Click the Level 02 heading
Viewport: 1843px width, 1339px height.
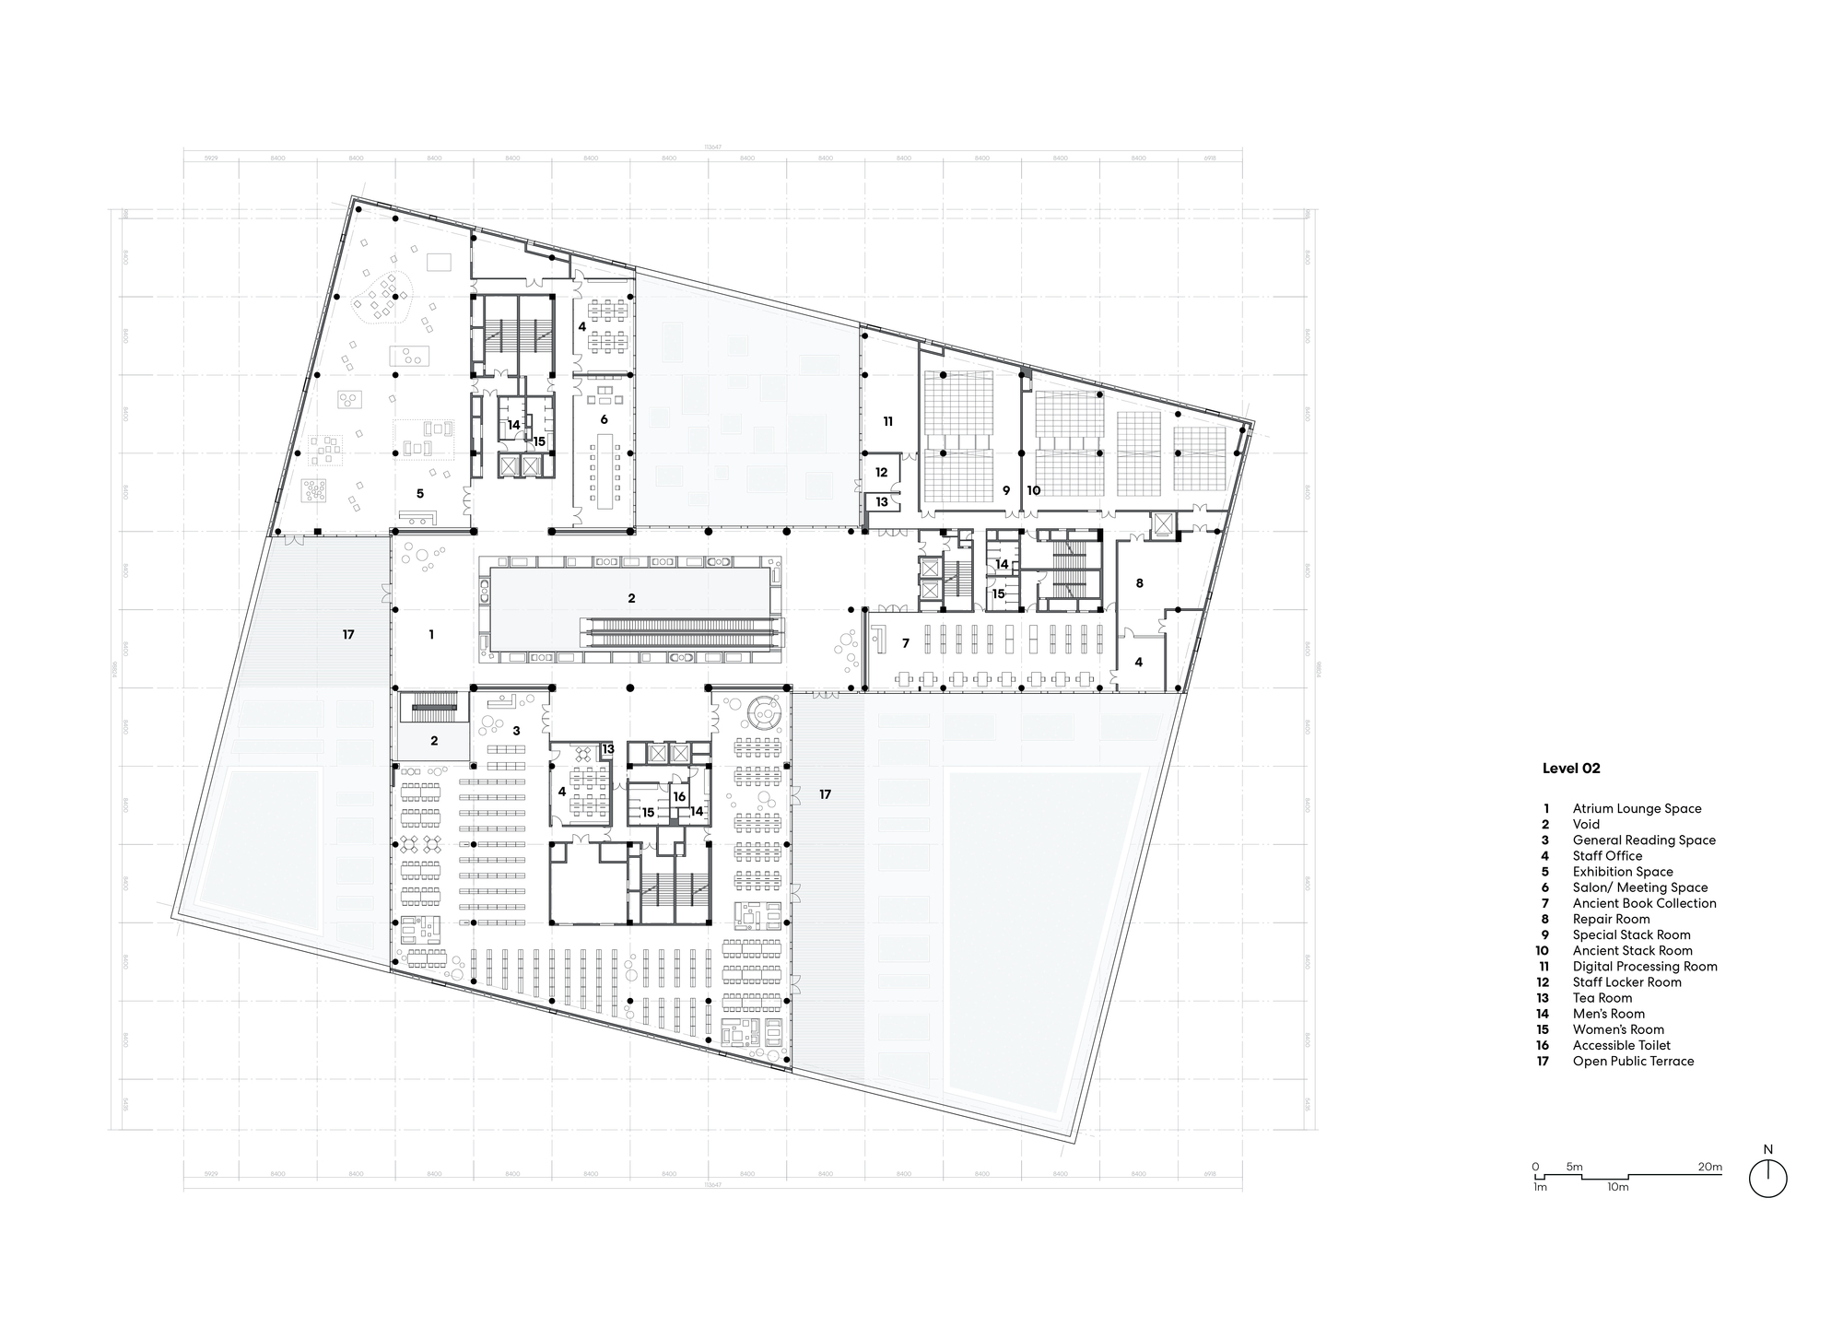tap(1571, 769)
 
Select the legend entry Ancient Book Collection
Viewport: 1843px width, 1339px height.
tap(1644, 903)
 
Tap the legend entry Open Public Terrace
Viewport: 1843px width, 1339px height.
tap(1633, 1061)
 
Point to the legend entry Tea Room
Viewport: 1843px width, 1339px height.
tap(1602, 998)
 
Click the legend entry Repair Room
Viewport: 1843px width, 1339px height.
tap(1611, 919)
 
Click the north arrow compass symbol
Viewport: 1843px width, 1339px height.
tap(1767, 1179)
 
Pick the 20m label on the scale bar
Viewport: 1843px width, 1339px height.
tap(1709, 1167)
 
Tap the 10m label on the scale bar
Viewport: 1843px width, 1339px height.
tap(1617, 1187)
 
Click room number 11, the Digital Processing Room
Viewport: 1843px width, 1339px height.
tap(887, 421)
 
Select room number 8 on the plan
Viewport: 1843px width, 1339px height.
tap(1139, 583)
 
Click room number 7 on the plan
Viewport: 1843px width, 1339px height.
tap(905, 642)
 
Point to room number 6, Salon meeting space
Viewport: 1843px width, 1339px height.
tap(604, 419)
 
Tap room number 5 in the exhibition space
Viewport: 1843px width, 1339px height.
tap(419, 494)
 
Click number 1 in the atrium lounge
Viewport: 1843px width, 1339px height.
tap(431, 634)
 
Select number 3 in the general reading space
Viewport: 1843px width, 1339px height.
tap(516, 731)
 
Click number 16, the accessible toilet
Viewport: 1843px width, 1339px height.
tap(679, 796)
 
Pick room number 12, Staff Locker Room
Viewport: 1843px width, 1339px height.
tap(881, 472)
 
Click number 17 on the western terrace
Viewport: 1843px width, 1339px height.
tap(348, 634)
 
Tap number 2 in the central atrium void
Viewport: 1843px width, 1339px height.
tap(631, 598)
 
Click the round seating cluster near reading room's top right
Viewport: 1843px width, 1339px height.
tap(764, 711)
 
